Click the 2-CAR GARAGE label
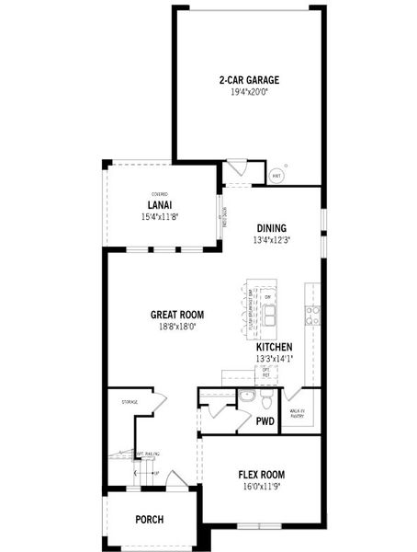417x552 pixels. click(x=248, y=80)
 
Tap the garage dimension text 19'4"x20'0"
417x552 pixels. click(x=248, y=93)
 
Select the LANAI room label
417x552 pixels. click(x=161, y=205)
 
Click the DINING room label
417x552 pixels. click(x=271, y=228)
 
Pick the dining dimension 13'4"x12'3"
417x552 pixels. click(x=271, y=240)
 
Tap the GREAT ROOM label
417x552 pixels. click(x=177, y=315)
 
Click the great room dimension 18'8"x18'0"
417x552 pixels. click(x=177, y=326)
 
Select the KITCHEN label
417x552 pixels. click(x=274, y=347)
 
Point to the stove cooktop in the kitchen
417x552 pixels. click(x=312, y=316)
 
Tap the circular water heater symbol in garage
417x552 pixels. click(x=276, y=174)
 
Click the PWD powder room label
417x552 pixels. click(x=265, y=421)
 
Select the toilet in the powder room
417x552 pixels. click(x=265, y=402)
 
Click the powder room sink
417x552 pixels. click(x=245, y=397)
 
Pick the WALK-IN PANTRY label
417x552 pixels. click(x=297, y=414)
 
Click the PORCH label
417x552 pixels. click(x=149, y=520)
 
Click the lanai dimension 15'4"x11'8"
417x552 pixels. click(x=160, y=217)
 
